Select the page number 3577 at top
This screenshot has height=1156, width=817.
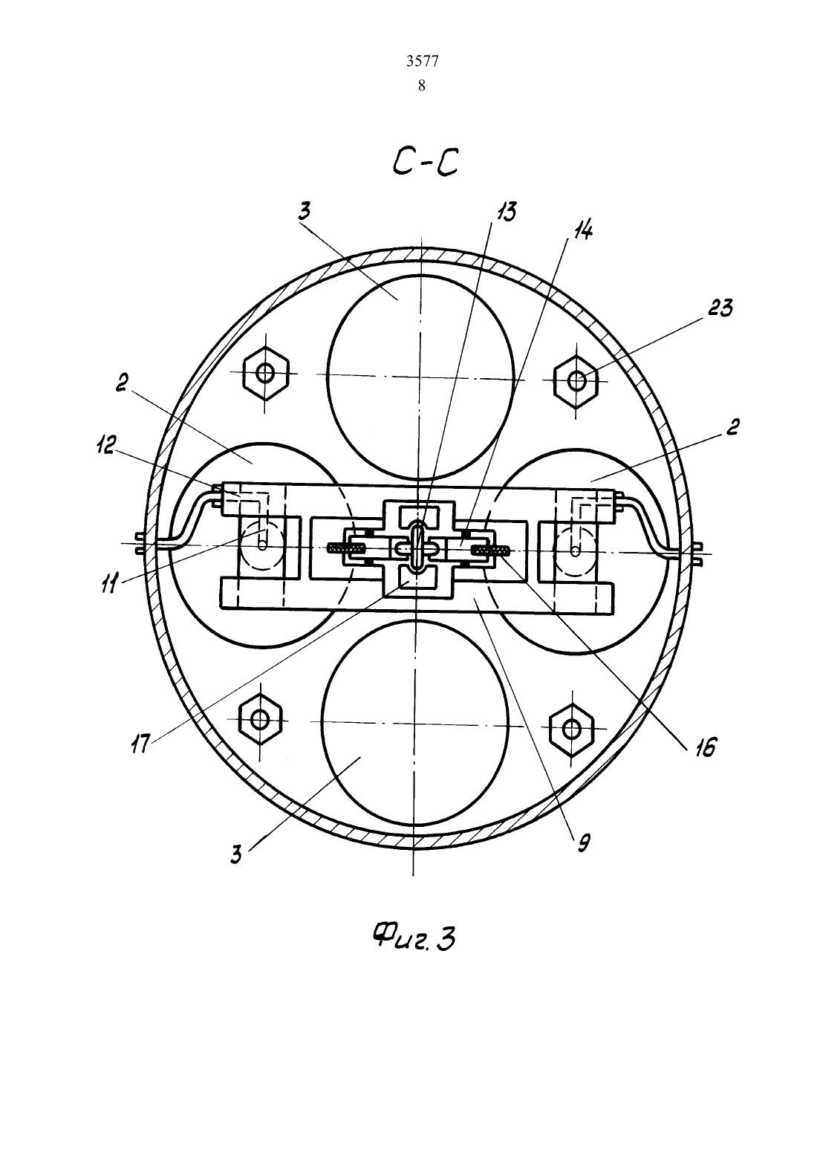422,62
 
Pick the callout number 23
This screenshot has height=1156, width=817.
720,308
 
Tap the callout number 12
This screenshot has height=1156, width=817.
105,445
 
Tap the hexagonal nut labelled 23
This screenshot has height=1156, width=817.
576,381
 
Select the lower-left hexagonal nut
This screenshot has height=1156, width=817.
261,719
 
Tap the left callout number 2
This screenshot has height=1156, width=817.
120,383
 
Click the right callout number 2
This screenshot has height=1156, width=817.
732,428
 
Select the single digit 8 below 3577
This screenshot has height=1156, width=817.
422,85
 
